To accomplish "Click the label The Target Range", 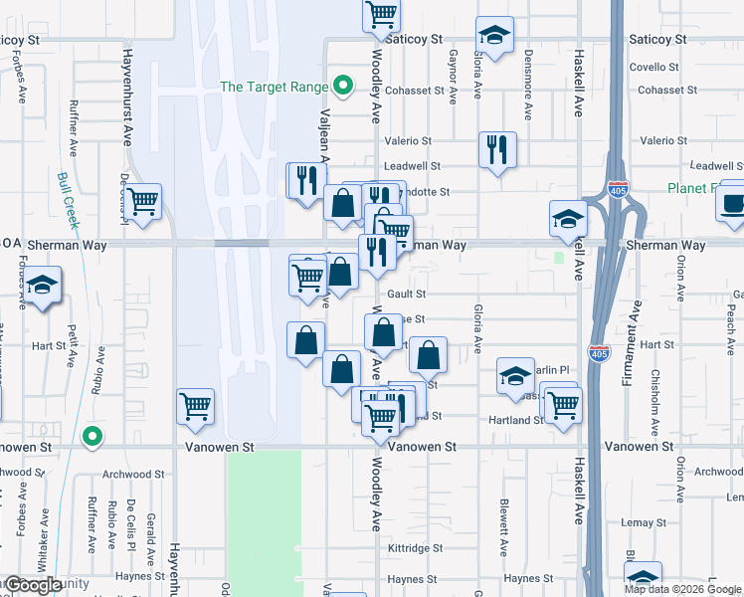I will click(x=274, y=87).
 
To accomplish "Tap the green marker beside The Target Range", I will click(x=343, y=86).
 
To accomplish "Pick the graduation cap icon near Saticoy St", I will click(x=494, y=37).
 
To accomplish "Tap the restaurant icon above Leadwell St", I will click(x=496, y=151).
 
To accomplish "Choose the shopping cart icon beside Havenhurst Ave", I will click(x=144, y=201).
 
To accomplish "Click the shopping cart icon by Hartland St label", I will click(x=563, y=404).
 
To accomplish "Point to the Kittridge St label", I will click(x=416, y=548).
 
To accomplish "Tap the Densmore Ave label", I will click(x=528, y=78).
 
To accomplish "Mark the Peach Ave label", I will click(x=730, y=319).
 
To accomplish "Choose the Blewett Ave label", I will click(x=504, y=526).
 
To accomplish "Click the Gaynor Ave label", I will click(x=453, y=78).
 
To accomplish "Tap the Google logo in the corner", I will click(x=33, y=585).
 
